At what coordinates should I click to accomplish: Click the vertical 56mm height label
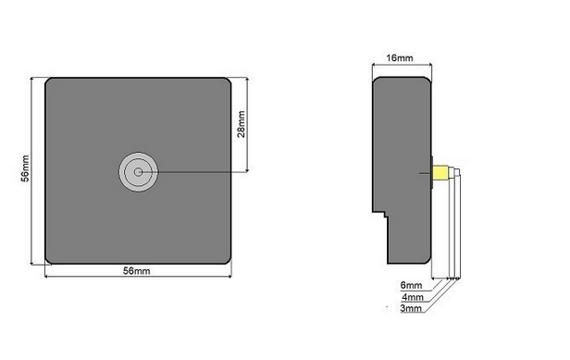tap(25, 168)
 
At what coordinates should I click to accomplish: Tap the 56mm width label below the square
tap(136, 271)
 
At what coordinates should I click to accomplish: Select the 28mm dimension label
tap(241, 124)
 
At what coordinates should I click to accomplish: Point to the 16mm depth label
tap(400, 57)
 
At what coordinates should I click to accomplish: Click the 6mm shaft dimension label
tap(411, 285)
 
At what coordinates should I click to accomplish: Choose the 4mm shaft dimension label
tap(413, 297)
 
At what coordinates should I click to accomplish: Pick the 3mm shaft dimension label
tap(411, 308)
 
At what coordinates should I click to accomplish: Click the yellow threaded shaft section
tap(440, 173)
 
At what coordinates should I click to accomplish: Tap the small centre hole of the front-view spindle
tap(138, 172)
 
